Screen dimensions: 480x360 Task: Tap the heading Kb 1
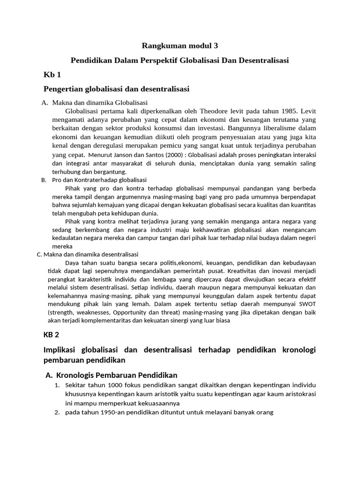pyautogui.click(x=52, y=75)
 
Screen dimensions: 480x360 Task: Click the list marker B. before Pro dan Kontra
pyautogui.click(x=44, y=180)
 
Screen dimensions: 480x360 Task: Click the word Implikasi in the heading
pyautogui.click(x=62, y=351)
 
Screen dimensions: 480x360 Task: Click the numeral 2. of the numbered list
pyautogui.click(x=56, y=412)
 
